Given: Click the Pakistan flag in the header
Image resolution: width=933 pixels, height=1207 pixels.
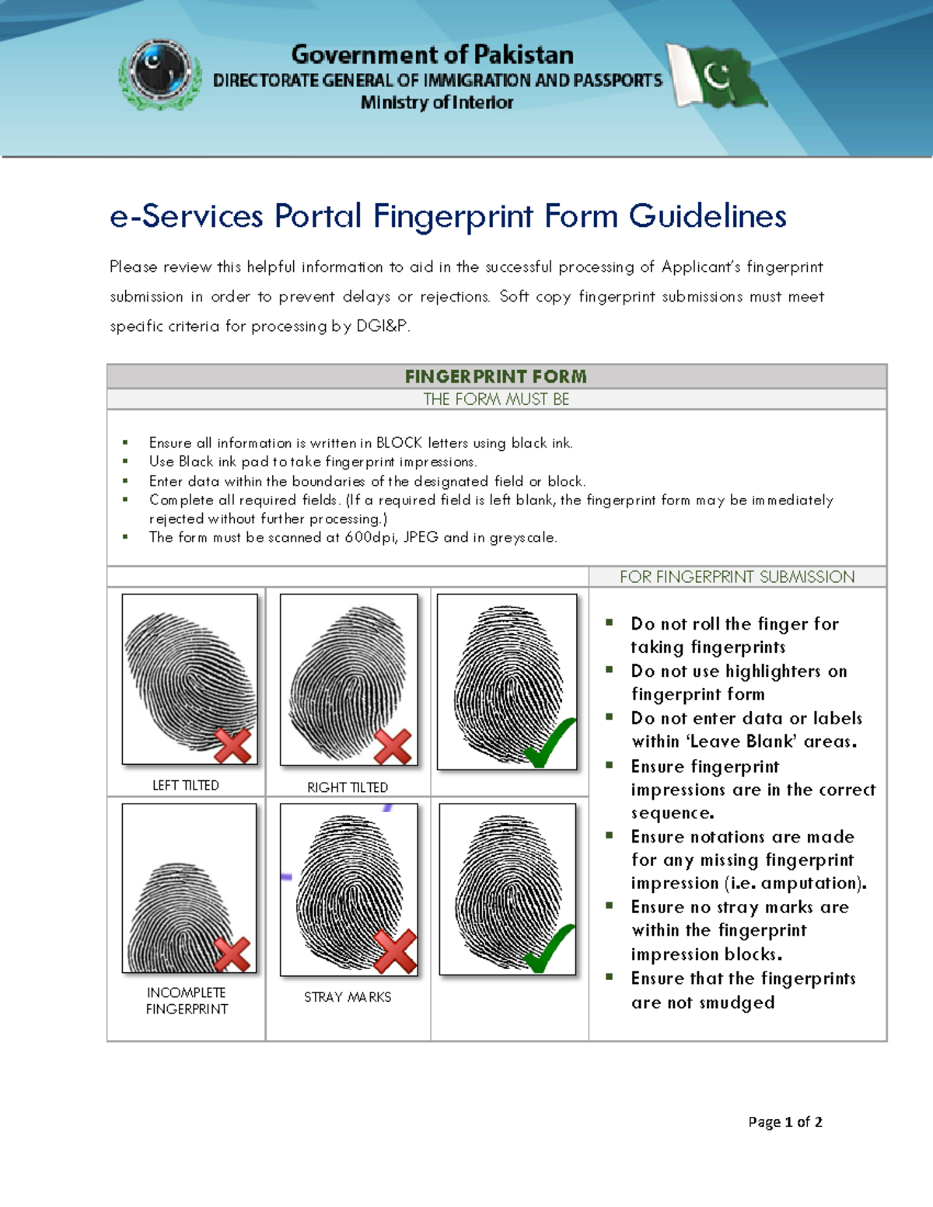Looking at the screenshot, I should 718,76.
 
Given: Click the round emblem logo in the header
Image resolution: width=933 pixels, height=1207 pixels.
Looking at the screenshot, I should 160,72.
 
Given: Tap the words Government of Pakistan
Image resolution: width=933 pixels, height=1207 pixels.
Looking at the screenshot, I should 432,54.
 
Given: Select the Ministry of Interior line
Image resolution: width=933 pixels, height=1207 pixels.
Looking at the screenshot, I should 437,103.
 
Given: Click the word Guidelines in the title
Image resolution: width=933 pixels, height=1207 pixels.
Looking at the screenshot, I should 708,216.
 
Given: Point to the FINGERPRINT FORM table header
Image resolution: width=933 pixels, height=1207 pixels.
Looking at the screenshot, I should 496,377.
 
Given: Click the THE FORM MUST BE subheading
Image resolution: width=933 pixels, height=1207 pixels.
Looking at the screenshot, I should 496,399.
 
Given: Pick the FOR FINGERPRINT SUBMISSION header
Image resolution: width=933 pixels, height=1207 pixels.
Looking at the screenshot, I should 737,577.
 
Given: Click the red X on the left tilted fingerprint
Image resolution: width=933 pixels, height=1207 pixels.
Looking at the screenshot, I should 232,745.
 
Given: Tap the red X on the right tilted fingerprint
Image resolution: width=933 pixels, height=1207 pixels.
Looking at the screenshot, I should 393,747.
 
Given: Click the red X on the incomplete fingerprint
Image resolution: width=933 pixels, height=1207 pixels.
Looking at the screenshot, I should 232,954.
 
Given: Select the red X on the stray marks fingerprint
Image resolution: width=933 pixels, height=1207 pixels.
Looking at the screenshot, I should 395,951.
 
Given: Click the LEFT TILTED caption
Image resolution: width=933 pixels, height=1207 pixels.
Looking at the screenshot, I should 186,786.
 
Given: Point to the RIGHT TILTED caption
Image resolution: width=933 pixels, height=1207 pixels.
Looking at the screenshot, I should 348,787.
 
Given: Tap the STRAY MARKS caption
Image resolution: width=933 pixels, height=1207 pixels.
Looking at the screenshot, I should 348,997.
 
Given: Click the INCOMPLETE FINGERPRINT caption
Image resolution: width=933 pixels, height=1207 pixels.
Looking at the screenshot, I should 187,1001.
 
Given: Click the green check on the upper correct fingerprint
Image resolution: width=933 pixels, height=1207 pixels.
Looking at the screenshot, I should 550,743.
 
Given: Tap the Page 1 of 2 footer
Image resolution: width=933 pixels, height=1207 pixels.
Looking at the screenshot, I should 784,1122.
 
